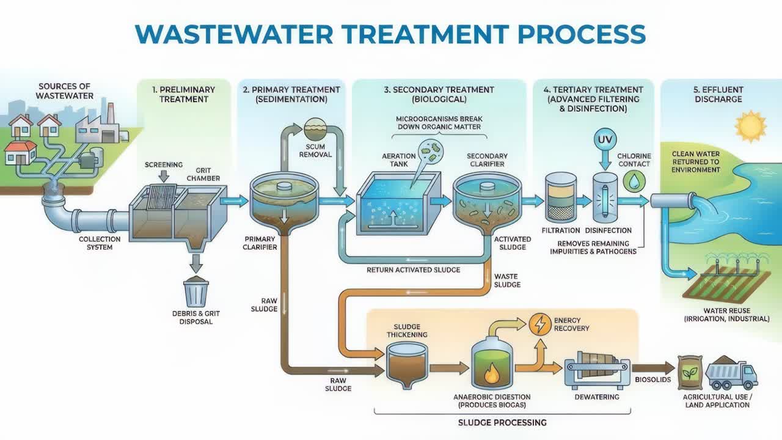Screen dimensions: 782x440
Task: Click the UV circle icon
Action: pos(605,139)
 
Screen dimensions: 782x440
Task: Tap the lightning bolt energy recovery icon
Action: pos(540,324)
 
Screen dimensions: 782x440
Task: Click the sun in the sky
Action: pos(751,126)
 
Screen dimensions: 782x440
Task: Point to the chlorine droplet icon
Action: pos(634,182)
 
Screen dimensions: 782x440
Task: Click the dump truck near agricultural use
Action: pos(731,373)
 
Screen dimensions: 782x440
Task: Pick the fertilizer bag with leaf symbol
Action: pos(690,373)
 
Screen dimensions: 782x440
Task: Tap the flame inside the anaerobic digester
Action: pos(492,373)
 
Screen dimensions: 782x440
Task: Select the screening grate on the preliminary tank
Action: pos(163,197)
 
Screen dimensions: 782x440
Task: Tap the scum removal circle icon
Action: pos(315,129)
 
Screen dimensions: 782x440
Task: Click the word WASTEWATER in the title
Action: pos(234,34)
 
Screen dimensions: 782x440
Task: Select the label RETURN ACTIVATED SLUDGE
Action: pos(414,270)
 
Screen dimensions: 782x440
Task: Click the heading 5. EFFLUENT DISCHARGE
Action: pos(718,94)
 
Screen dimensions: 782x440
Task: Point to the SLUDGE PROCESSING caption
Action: pos(502,422)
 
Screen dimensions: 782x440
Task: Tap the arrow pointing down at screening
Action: pos(163,177)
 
